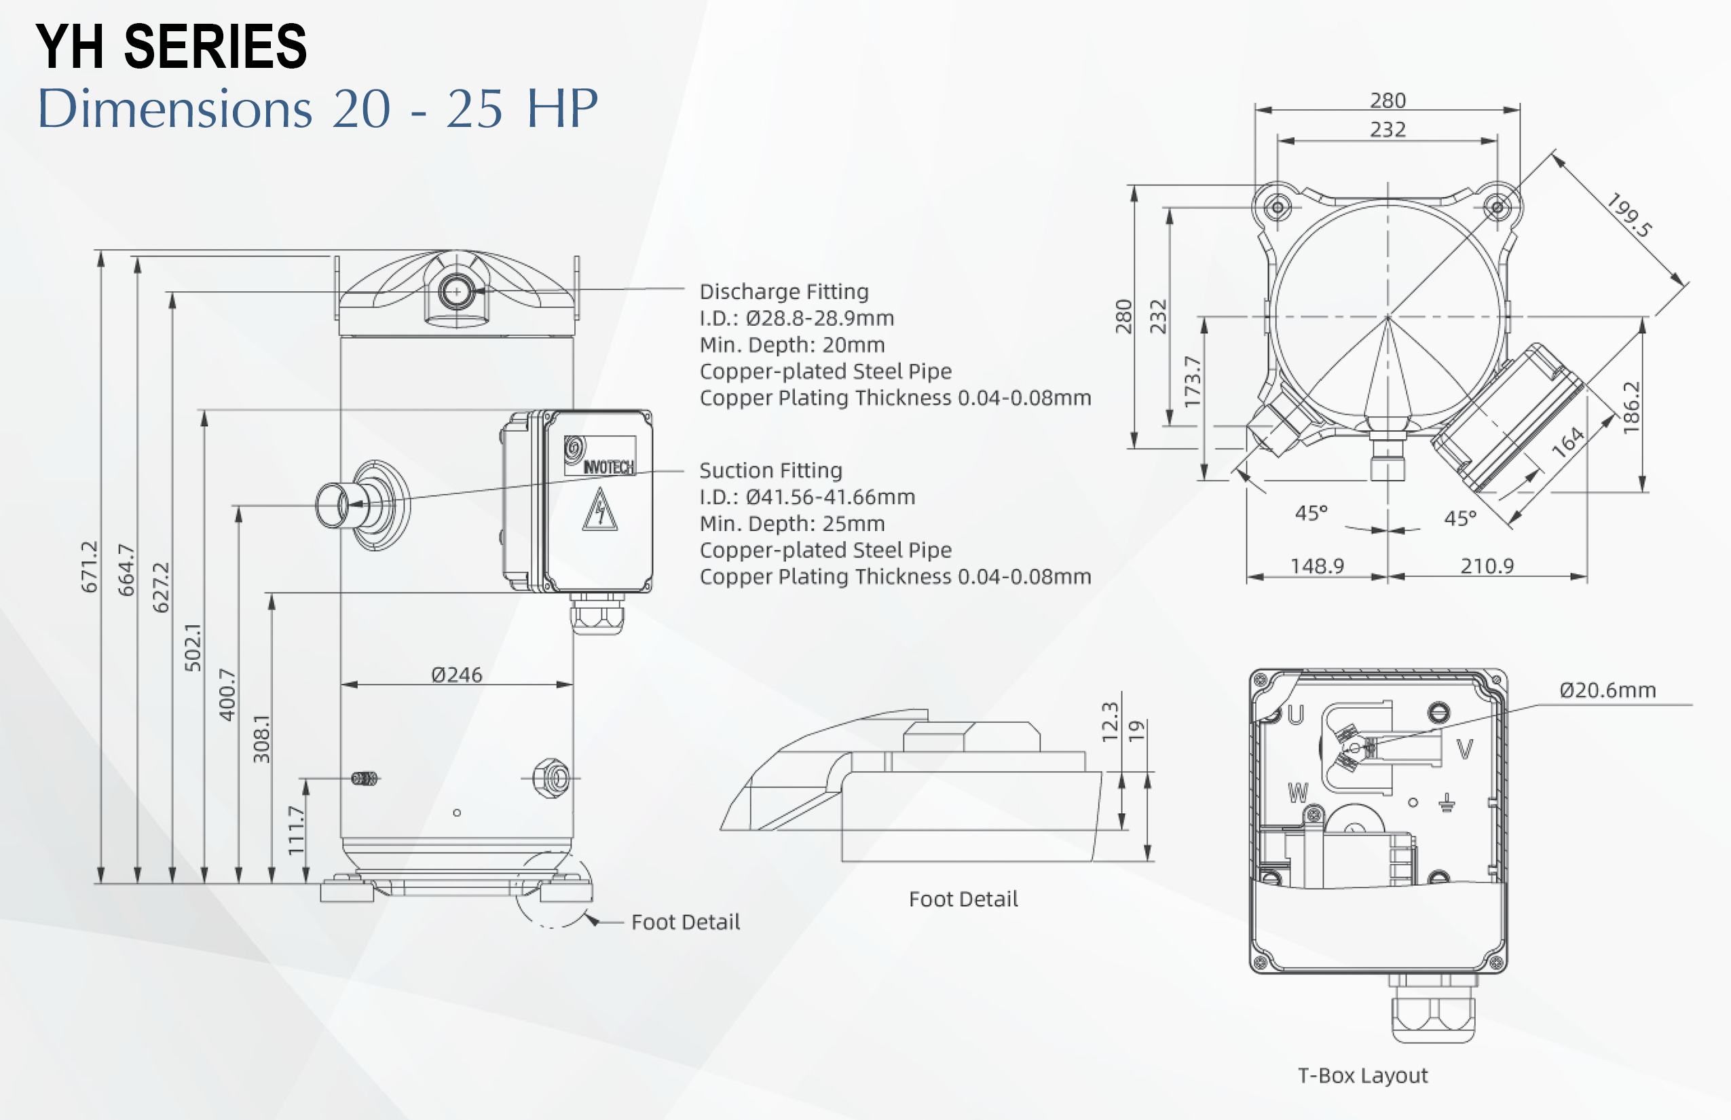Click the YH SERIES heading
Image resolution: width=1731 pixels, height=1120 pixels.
(172, 47)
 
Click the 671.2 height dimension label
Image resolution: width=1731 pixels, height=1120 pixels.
(89, 567)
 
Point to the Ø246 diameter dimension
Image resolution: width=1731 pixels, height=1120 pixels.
(457, 675)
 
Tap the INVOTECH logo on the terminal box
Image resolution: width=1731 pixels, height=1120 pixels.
(600, 456)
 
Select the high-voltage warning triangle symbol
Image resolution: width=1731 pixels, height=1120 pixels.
(600, 510)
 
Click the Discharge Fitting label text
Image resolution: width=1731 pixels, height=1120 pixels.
(784, 292)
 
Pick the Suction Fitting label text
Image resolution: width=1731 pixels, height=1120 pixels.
(771, 470)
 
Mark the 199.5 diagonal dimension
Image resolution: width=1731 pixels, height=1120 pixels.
(1629, 215)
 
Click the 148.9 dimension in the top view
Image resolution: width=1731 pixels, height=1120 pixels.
(1317, 566)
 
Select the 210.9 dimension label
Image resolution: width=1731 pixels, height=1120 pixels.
(1487, 566)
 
